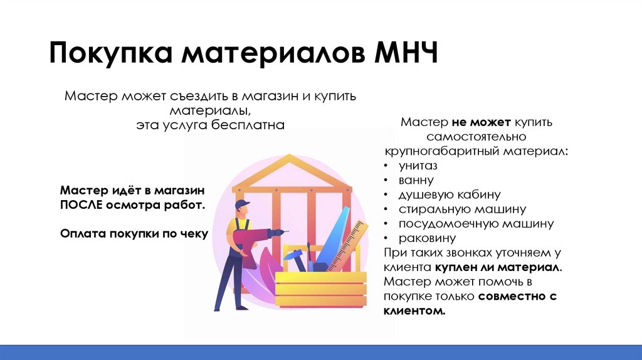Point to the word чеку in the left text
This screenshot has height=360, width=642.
[x=193, y=233]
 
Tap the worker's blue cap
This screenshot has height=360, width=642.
[x=241, y=204]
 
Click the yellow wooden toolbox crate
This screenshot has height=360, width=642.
[x=320, y=289]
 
